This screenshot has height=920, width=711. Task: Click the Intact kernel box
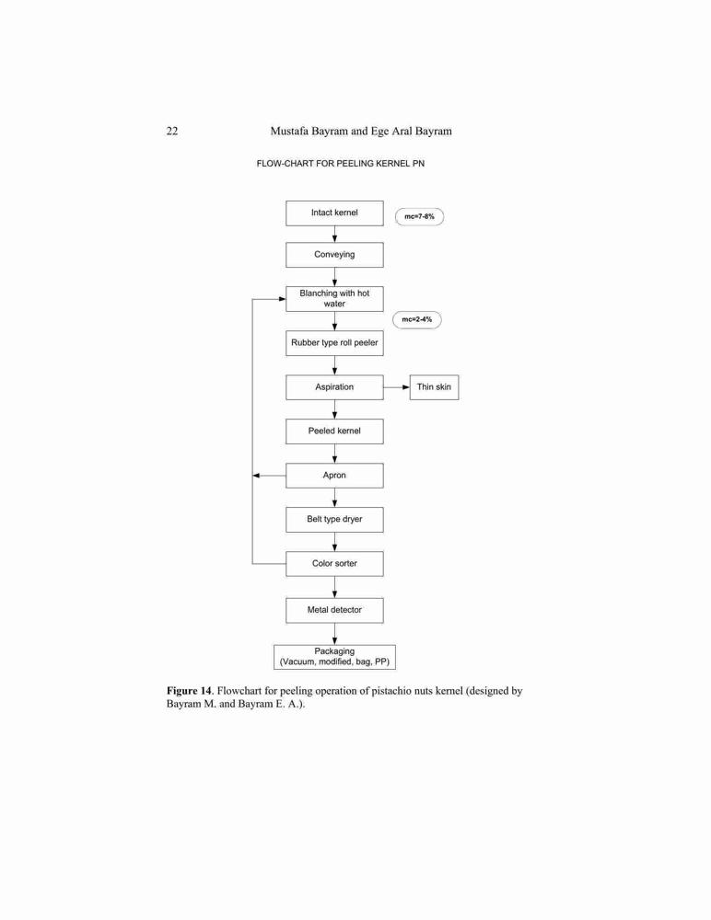(x=334, y=213)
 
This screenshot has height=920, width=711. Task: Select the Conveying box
(x=334, y=255)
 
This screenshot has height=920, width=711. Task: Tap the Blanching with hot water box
(x=334, y=299)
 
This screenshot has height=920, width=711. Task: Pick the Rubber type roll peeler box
(x=334, y=342)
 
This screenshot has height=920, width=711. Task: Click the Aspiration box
(x=334, y=387)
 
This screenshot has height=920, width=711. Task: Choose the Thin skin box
(x=434, y=387)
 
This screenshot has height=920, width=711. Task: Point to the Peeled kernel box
(x=334, y=431)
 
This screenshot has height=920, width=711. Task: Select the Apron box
(x=334, y=476)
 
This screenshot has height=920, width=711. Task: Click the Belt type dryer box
(x=334, y=519)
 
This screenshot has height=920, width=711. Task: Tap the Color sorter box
(x=334, y=564)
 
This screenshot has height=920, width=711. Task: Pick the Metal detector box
(x=334, y=610)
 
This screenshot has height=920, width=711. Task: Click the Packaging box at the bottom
(x=334, y=657)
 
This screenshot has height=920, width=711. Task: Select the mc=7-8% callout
(x=420, y=216)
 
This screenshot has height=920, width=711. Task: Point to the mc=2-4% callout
(x=417, y=320)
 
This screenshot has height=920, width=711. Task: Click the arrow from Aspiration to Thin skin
(x=397, y=387)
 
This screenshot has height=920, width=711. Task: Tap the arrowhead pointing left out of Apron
(x=256, y=476)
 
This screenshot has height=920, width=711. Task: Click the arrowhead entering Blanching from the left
(x=282, y=299)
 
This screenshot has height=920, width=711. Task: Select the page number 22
(x=172, y=131)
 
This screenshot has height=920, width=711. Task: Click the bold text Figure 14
(x=189, y=691)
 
